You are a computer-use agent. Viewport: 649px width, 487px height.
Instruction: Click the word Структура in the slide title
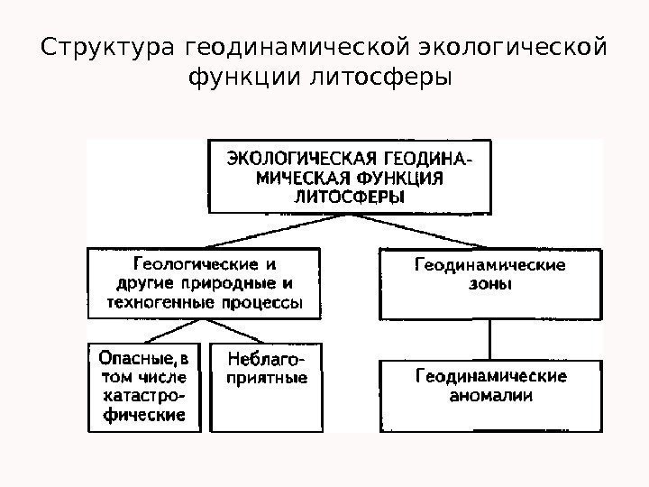107,45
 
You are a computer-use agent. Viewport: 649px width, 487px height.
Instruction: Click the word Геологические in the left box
190,265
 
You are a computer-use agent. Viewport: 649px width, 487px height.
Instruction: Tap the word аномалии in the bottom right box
490,395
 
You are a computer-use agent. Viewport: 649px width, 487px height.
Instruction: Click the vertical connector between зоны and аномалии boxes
489,340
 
